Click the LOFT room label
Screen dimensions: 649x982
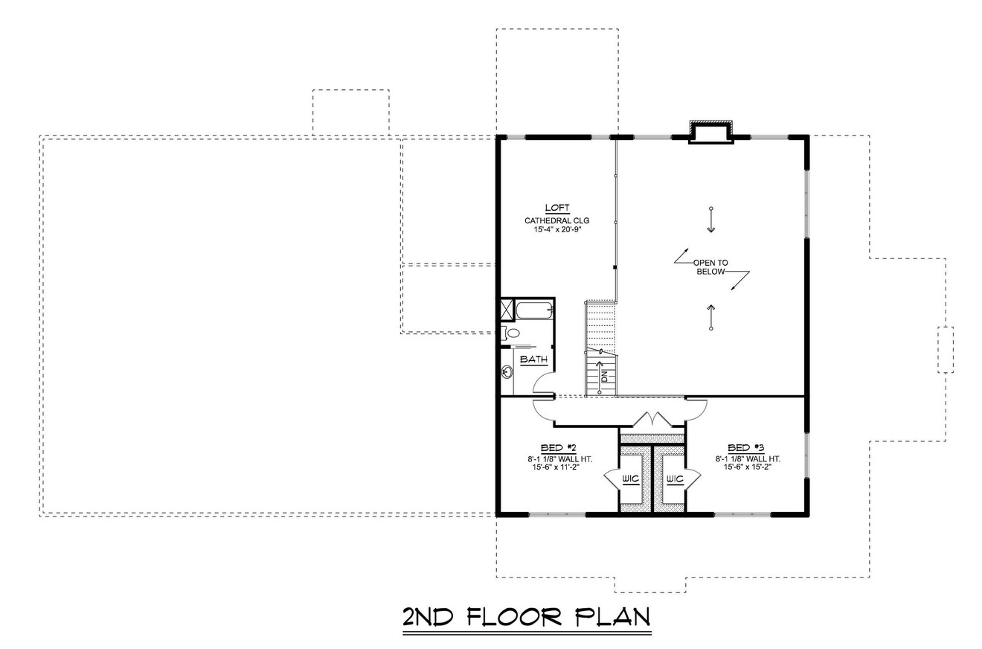[x=557, y=208]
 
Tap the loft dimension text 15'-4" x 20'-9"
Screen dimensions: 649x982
[x=557, y=231]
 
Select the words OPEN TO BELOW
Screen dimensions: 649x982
[x=710, y=267]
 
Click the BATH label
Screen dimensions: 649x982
[x=533, y=359]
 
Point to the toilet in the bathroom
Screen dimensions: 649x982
[x=505, y=332]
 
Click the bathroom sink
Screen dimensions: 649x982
[x=507, y=372]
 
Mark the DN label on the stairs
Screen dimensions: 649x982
[x=604, y=377]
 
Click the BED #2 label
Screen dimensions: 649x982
[x=559, y=447]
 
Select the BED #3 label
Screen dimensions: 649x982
[x=746, y=447]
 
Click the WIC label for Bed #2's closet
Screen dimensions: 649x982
[x=631, y=479]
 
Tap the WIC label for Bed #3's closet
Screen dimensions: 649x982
[x=675, y=479]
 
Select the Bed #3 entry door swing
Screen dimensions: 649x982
[x=696, y=406]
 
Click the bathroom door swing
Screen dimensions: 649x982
[x=544, y=381]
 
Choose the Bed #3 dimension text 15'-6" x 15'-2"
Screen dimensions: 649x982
[x=748, y=467]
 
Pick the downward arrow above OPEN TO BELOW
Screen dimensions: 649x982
[x=711, y=220]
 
